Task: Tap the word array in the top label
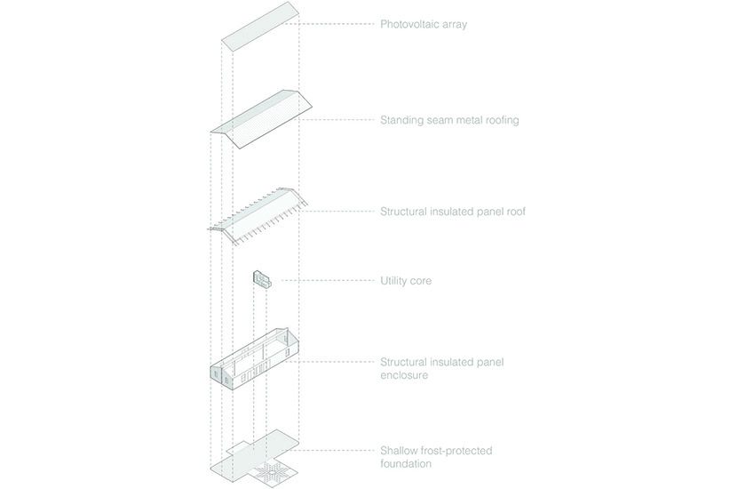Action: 455,25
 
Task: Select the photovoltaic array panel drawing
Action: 260,27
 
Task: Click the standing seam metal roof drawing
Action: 261,119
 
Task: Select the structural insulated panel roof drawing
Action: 258,217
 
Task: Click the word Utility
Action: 393,281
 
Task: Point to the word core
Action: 421,281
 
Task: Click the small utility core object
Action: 262,279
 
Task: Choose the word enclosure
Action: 404,375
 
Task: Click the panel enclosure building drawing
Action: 255,359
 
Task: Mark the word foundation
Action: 406,464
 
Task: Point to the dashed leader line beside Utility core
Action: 328,280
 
